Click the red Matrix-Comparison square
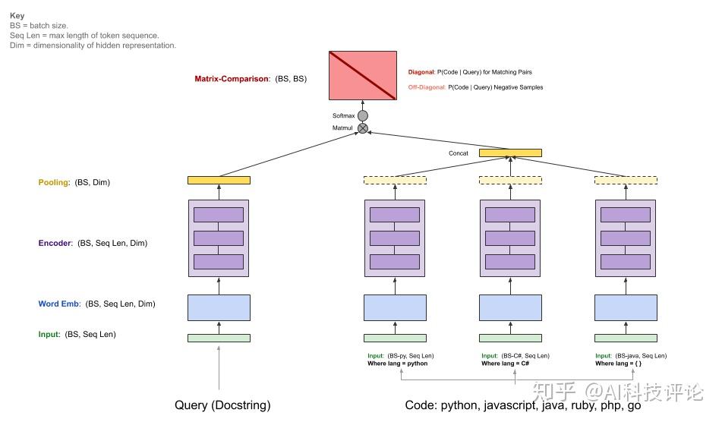[x=363, y=75]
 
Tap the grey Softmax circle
[x=363, y=116]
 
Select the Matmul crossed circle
[x=363, y=128]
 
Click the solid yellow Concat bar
[x=510, y=153]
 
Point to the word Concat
[x=458, y=153]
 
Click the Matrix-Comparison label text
[x=232, y=79]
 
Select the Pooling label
[x=54, y=182]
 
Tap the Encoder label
[x=55, y=243]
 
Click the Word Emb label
[x=59, y=304]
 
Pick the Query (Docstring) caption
[x=222, y=405]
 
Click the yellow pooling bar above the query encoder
[x=219, y=181]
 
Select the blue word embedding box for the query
[x=219, y=307]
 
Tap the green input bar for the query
[x=219, y=339]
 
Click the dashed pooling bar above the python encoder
[x=395, y=181]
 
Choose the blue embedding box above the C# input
[x=510, y=307]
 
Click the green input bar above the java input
[x=626, y=339]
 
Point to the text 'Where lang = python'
[x=397, y=364]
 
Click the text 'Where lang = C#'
[x=505, y=364]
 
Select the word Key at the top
[x=17, y=16]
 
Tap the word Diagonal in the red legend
[x=421, y=72]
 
